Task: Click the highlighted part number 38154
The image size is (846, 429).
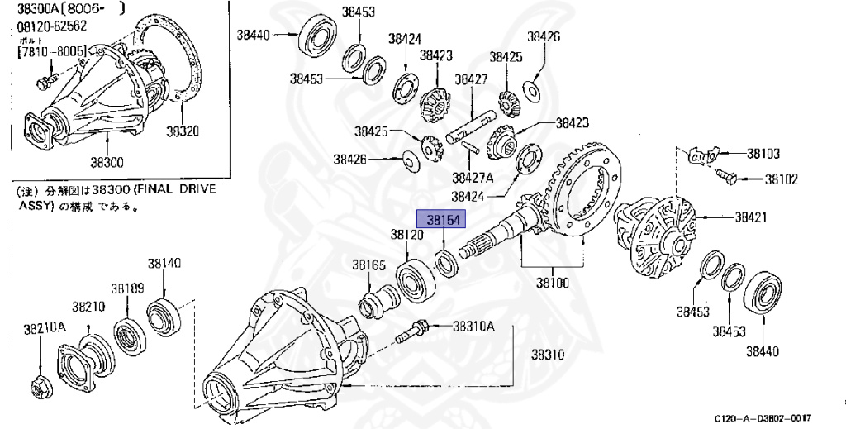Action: click(443, 219)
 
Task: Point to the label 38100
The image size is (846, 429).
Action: click(553, 282)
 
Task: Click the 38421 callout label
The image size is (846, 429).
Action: click(753, 217)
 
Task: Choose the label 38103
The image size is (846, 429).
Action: click(763, 154)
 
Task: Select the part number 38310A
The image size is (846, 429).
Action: click(473, 327)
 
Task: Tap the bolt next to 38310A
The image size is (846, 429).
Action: click(413, 332)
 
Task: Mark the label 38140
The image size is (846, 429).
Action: click(164, 264)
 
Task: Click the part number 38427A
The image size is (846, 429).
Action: click(473, 177)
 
